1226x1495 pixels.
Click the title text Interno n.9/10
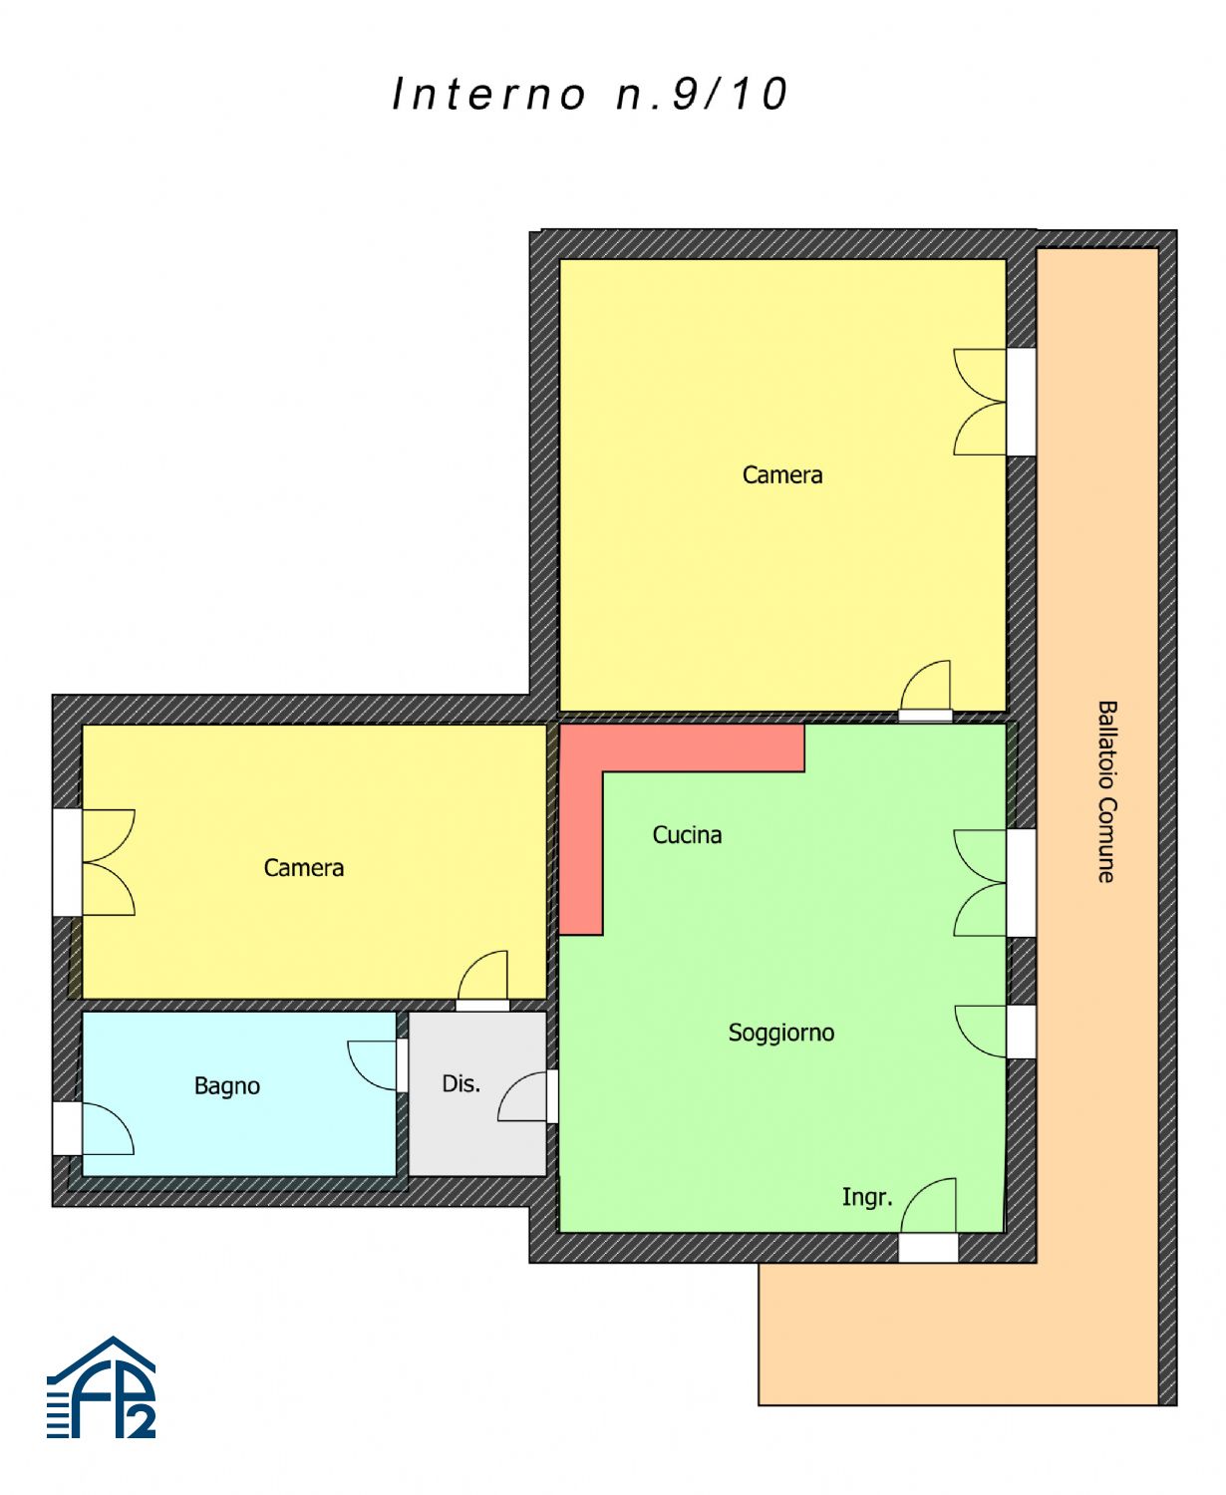click(590, 94)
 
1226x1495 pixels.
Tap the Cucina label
click(687, 835)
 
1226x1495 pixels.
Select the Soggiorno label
click(780, 1033)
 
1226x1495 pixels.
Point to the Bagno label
click(227, 1086)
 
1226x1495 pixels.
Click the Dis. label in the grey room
click(460, 1083)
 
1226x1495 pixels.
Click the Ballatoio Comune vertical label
click(1106, 791)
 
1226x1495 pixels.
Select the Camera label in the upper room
click(782, 475)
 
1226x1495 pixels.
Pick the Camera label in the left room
click(303, 868)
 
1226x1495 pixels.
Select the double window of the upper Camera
click(993, 402)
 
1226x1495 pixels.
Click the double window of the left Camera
click(94, 863)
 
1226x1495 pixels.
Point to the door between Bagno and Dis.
click(377, 1065)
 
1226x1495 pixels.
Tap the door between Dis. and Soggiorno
click(527, 1096)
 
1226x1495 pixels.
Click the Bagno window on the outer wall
click(94, 1128)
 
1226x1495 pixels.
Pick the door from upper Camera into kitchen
click(925, 691)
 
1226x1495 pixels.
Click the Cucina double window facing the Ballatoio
click(993, 883)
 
